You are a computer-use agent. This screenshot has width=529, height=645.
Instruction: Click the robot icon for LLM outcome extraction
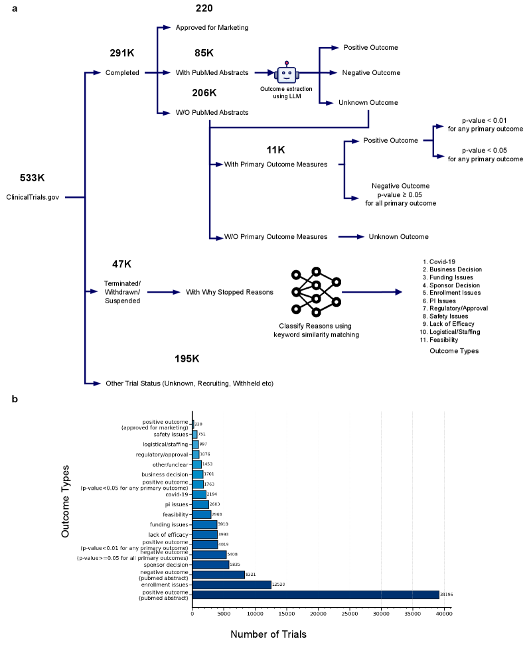(287, 73)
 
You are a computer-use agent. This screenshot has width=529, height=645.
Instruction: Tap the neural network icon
(316, 292)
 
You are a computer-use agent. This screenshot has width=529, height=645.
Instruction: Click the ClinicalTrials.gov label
(34, 197)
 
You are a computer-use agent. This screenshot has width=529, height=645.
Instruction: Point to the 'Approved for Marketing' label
(212, 28)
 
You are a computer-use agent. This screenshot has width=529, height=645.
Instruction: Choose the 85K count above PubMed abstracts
(204, 53)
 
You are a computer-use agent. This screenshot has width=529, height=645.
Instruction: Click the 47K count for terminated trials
(121, 263)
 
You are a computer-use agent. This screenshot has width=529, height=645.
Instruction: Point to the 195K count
(187, 358)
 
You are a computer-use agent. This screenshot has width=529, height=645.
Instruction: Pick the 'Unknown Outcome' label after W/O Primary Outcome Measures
(398, 236)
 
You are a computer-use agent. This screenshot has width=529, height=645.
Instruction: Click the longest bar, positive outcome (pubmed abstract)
(315, 595)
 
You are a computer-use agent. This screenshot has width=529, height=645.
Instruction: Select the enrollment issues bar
(232, 585)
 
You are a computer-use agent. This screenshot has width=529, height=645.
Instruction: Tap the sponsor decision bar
(210, 565)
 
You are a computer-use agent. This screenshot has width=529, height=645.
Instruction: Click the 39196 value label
(447, 595)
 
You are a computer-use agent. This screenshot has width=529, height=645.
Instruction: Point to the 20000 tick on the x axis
(318, 614)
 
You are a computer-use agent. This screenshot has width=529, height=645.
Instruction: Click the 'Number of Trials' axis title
(269, 634)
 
